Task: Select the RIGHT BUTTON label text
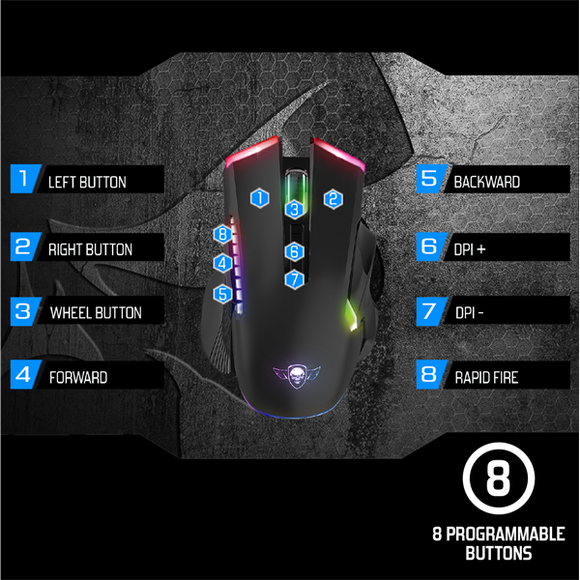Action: pyautogui.click(x=91, y=249)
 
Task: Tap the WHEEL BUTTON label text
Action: pyautogui.click(x=96, y=312)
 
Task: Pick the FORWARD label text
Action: pyautogui.click(x=78, y=377)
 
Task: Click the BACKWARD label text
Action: pyautogui.click(x=487, y=181)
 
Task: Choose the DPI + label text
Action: pyautogui.click(x=470, y=248)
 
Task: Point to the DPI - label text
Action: pyautogui.click(x=471, y=313)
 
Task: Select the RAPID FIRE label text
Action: pyautogui.click(x=486, y=377)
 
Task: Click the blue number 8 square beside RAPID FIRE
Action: pyautogui.click(x=428, y=375)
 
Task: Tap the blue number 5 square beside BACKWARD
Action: pyautogui.click(x=428, y=179)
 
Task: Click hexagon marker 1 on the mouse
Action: pyautogui.click(x=259, y=198)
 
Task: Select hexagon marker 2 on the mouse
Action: pyautogui.click(x=333, y=198)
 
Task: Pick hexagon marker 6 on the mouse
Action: pyautogui.click(x=295, y=251)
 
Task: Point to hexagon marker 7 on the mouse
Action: pyautogui.click(x=295, y=279)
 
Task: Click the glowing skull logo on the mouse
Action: pyautogui.click(x=295, y=369)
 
